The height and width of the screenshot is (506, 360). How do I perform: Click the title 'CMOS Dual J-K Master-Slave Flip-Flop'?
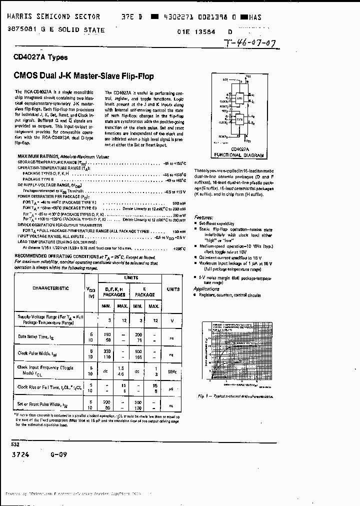(x=83, y=76)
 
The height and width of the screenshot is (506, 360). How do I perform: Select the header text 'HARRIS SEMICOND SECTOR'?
(x=53, y=17)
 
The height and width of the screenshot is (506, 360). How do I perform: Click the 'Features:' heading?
(x=204, y=217)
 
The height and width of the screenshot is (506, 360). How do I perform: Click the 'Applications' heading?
(x=206, y=288)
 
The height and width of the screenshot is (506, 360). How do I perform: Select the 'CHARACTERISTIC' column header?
(x=50, y=288)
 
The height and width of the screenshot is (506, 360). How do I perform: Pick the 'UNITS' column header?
(x=173, y=289)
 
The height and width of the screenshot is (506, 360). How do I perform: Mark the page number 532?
(x=16, y=443)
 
